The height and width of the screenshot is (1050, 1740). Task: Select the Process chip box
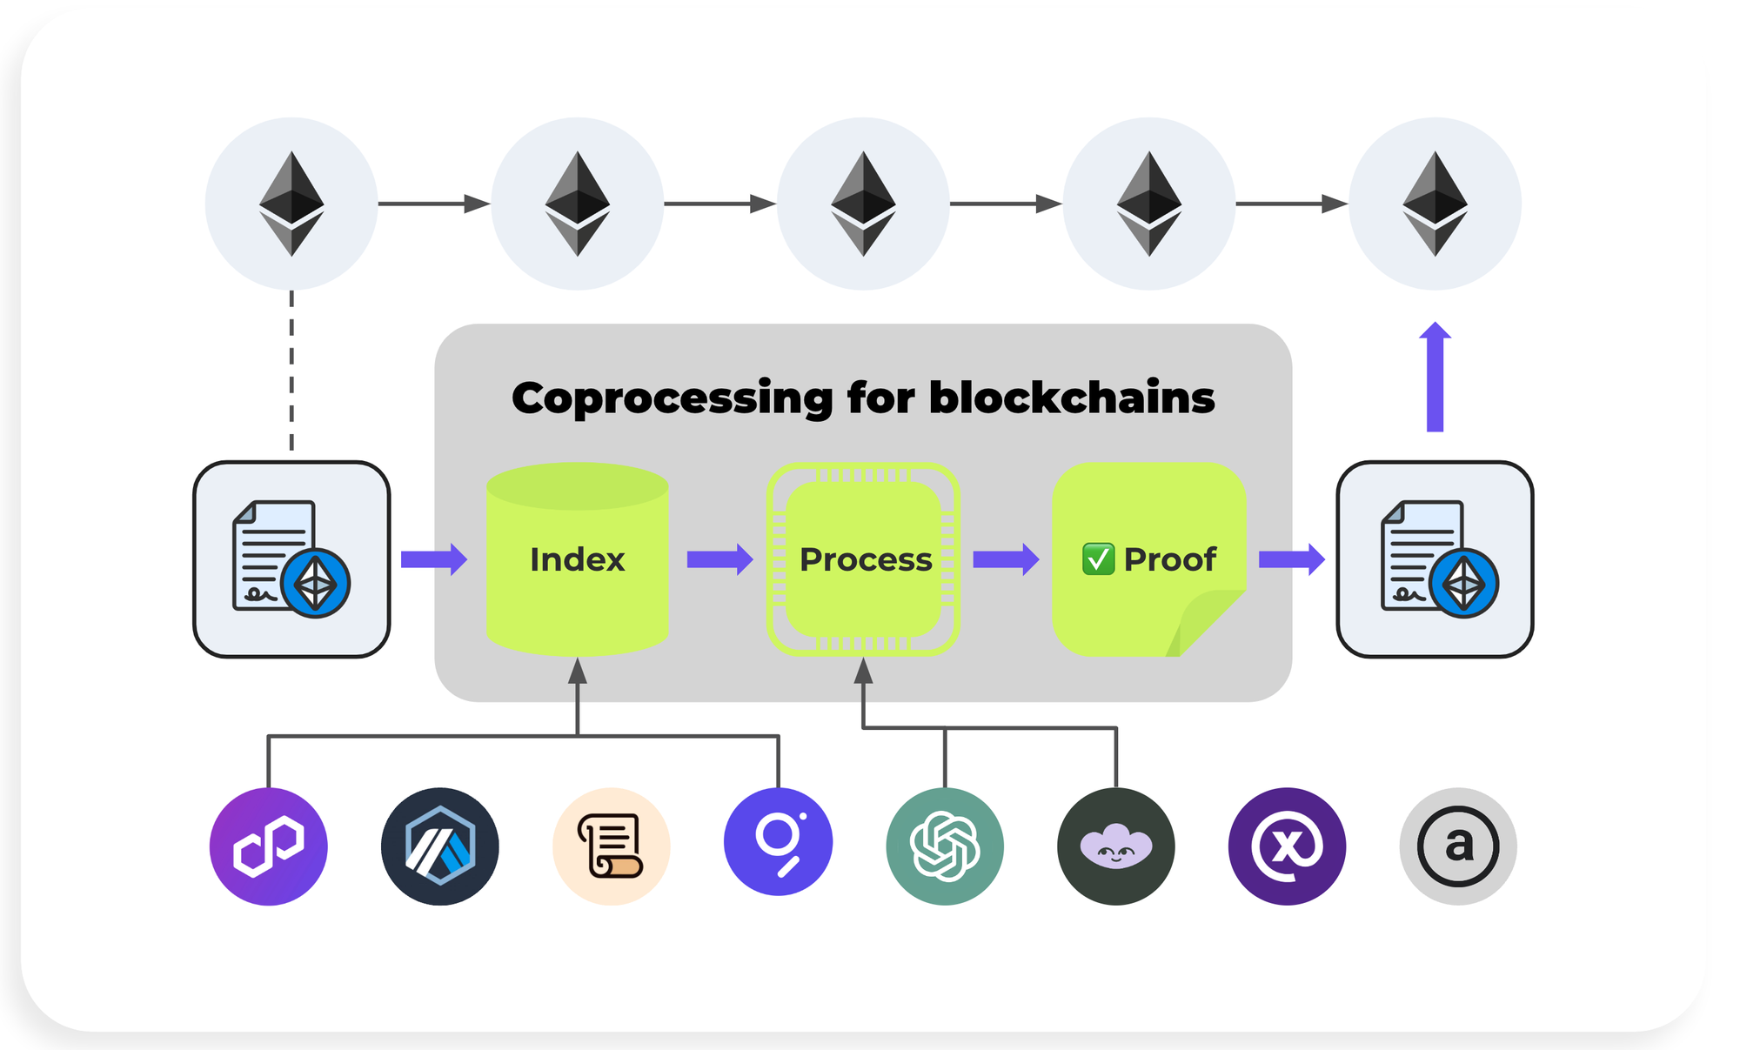[x=864, y=559]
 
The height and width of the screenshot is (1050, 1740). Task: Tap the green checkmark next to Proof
[x=1098, y=559]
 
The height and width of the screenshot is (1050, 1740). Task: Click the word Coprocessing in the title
[x=672, y=398]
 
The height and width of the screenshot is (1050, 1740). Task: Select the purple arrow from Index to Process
[x=719, y=559]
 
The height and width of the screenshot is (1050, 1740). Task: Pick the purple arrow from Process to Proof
[x=1005, y=559]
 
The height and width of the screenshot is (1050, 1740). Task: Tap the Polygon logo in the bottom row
[x=269, y=846]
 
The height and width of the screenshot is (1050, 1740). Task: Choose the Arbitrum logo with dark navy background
[x=440, y=846]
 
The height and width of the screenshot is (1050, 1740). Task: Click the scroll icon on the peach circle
[x=612, y=846]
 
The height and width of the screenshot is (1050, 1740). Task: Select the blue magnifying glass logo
[x=779, y=842]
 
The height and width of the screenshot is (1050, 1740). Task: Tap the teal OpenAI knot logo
[x=945, y=846]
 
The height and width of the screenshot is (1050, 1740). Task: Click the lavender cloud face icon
[x=1116, y=846]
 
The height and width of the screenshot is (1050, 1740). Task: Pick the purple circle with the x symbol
[x=1287, y=846]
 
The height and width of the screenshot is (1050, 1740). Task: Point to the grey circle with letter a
[x=1458, y=846]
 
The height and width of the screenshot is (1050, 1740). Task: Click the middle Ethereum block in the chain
[x=863, y=204]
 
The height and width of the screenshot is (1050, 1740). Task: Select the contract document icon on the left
[x=291, y=559]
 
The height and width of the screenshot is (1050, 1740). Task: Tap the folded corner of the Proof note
[x=1209, y=622]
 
